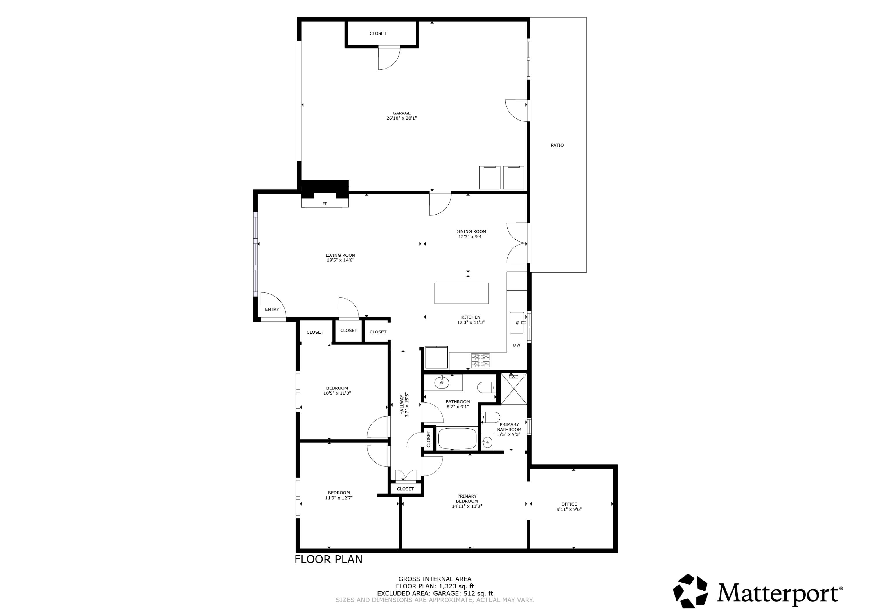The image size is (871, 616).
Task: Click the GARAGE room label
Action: pyautogui.click(x=401, y=113)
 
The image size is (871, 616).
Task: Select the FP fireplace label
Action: pyautogui.click(x=325, y=204)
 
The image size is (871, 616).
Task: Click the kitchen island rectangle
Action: pyautogui.click(x=461, y=293)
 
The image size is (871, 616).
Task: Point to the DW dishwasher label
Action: pyautogui.click(x=516, y=345)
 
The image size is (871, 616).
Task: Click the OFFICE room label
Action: pyautogui.click(x=569, y=504)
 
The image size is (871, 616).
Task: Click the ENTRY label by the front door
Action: pyautogui.click(x=272, y=309)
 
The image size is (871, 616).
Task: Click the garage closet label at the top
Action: pyautogui.click(x=378, y=33)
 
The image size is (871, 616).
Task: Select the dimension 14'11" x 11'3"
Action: pyautogui.click(x=467, y=506)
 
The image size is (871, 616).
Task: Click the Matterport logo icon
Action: pyautogui.click(x=690, y=591)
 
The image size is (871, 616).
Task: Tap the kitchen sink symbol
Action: pyautogui.click(x=517, y=323)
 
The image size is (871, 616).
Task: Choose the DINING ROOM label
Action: pyautogui.click(x=470, y=231)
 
